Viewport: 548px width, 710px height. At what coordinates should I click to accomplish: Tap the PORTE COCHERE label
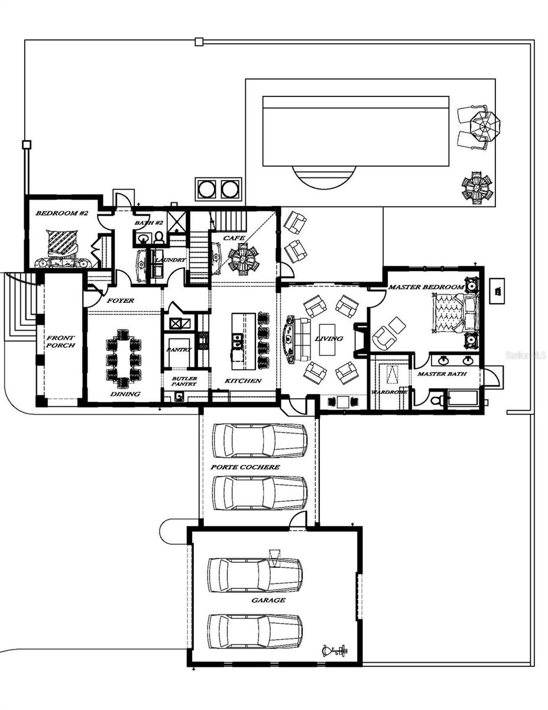coord(245,467)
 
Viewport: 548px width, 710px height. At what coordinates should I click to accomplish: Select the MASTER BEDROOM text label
coord(426,287)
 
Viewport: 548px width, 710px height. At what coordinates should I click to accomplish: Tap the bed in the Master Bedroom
coord(452,312)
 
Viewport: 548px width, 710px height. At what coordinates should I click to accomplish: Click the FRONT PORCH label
coord(60,341)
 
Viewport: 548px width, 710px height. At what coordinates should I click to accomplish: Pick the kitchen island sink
coord(238,340)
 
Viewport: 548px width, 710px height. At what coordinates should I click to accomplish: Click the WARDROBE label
coord(388,392)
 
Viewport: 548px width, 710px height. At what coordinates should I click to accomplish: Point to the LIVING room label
coord(328,338)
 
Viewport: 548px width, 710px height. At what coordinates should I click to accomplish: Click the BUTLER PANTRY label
coord(184,382)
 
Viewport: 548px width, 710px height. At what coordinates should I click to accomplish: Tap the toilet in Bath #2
coord(159,238)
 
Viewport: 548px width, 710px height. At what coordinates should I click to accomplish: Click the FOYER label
coord(120,301)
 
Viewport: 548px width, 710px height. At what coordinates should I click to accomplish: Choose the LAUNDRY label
coord(171,260)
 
